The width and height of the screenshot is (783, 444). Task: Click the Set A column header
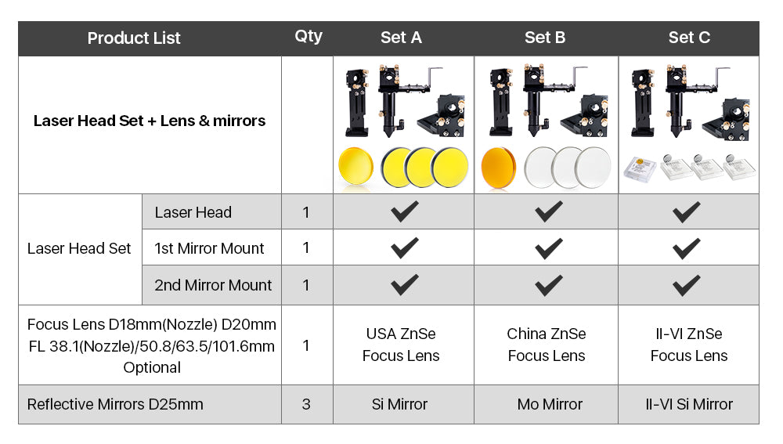click(x=401, y=38)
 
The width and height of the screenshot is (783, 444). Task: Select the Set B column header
click(x=545, y=38)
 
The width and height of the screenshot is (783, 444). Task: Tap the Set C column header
click(x=689, y=38)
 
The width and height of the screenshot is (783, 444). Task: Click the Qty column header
click(x=308, y=37)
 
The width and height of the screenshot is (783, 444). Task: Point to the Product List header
click(x=134, y=38)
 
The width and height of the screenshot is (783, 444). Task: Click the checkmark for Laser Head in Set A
click(x=405, y=211)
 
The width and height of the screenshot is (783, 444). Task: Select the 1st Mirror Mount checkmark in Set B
click(x=548, y=248)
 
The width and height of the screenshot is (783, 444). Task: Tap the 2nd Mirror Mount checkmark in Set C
click(x=686, y=285)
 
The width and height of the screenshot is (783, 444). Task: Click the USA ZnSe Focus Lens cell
click(x=401, y=345)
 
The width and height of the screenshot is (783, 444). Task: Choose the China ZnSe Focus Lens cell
click(x=547, y=345)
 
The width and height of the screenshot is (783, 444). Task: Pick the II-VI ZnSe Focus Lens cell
click(x=688, y=345)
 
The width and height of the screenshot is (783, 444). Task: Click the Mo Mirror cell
click(x=550, y=404)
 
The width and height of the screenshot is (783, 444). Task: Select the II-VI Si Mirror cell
click(x=688, y=404)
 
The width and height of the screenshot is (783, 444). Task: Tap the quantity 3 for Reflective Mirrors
click(x=306, y=404)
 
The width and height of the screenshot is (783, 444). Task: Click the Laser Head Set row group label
click(x=79, y=248)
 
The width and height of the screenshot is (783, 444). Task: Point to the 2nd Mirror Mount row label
click(x=213, y=285)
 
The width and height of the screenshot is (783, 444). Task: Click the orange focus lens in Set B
click(x=498, y=168)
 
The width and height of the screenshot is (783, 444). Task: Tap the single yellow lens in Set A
click(x=355, y=167)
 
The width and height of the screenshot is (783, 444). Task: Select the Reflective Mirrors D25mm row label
click(x=115, y=404)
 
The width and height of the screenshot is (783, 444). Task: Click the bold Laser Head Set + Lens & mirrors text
click(x=150, y=121)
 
